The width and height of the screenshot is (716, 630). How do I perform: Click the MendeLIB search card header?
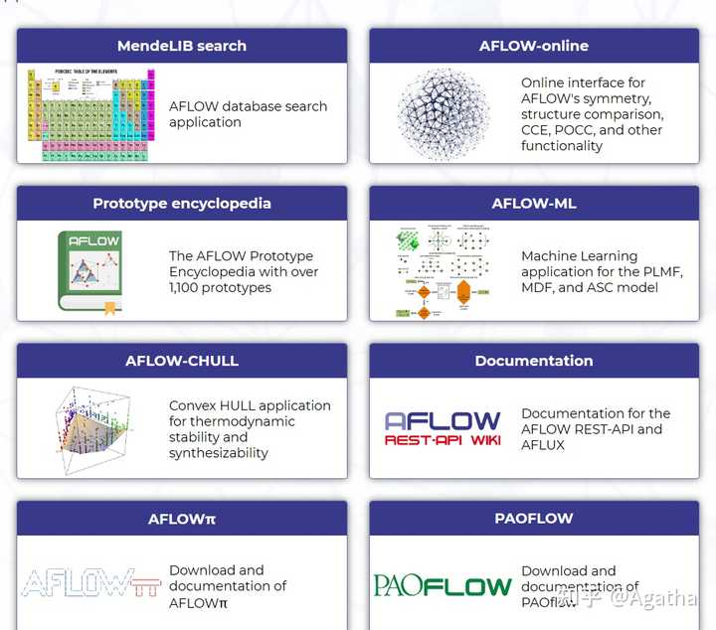tap(182, 46)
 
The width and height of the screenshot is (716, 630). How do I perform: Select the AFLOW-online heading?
tap(533, 46)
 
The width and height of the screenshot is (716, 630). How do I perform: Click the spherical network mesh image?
tap(444, 114)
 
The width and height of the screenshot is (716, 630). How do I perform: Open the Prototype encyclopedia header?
tap(182, 204)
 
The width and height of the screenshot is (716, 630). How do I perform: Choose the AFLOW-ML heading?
tap(533, 204)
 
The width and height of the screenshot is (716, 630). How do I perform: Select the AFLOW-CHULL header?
tap(182, 361)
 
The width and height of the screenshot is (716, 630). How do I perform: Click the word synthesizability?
tap(219, 453)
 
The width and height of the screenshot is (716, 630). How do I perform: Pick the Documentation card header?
tap(533, 361)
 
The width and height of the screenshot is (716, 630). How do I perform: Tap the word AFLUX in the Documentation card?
tap(543, 445)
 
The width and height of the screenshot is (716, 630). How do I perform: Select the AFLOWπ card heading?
tap(182, 519)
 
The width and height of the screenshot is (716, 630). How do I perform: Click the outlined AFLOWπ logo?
tap(90, 584)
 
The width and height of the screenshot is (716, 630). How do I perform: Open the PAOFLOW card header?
tap(533, 519)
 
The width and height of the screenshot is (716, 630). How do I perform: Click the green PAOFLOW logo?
tap(443, 586)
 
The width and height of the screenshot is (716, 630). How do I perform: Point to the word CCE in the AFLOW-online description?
tap(536, 130)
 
